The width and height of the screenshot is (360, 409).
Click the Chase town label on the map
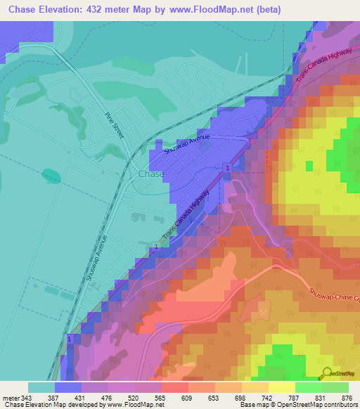point(151,174)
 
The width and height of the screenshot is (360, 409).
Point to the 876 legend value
point(345,398)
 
